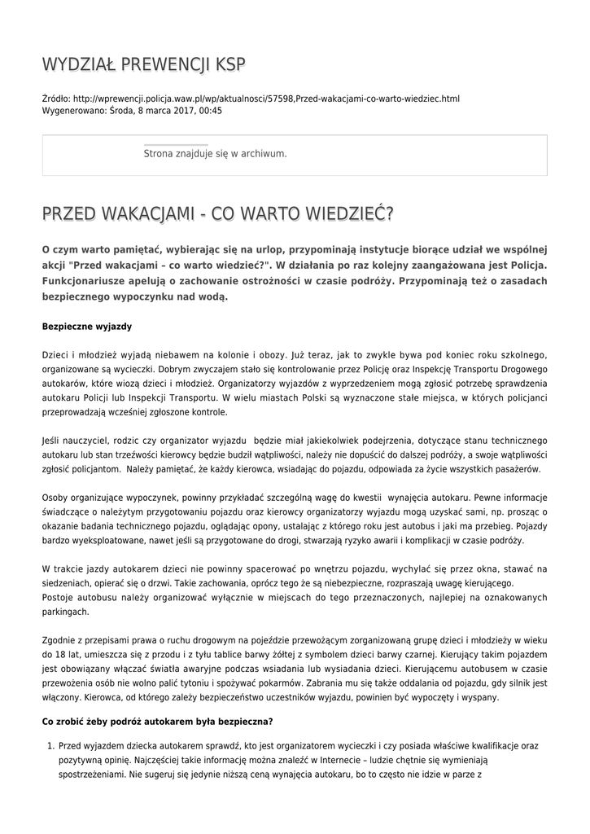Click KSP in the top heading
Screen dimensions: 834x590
coord(227,64)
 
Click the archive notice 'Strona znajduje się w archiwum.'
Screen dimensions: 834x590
coord(215,153)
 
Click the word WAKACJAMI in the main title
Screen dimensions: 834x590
coord(147,214)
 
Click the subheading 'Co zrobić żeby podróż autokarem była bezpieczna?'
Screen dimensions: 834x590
coord(157,722)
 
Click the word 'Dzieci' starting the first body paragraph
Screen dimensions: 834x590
coord(55,355)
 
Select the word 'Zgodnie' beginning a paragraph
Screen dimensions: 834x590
coord(59,641)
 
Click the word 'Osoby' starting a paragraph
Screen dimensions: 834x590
coord(55,497)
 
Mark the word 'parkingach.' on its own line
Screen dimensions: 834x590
coord(65,612)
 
